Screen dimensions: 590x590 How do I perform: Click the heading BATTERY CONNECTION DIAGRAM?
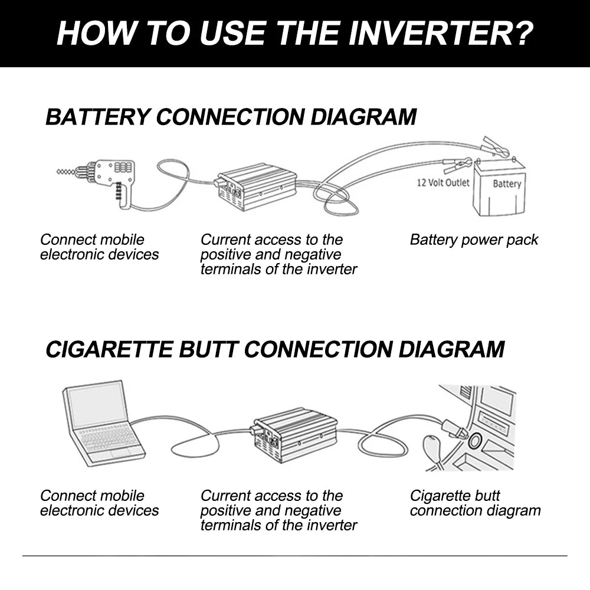pyautogui.click(x=231, y=117)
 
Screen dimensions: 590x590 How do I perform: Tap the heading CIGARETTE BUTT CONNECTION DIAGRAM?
pyautogui.click(x=275, y=349)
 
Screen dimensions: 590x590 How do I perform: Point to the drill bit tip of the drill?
pyautogui.click(x=59, y=172)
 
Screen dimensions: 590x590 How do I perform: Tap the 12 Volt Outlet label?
pyautogui.click(x=443, y=183)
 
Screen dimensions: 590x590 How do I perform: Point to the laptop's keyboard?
pyautogui.click(x=109, y=438)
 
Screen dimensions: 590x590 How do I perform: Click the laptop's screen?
pyautogui.click(x=96, y=405)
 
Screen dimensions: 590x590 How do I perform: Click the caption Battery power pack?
pyautogui.click(x=474, y=240)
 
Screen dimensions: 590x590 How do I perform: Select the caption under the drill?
pyautogui.click(x=99, y=247)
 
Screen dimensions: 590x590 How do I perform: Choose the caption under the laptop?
pyautogui.click(x=99, y=503)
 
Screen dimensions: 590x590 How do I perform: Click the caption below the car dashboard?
pyautogui.click(x=475, y=503)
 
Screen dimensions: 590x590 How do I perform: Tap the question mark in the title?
pyautogui.click(x=520, y=34)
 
